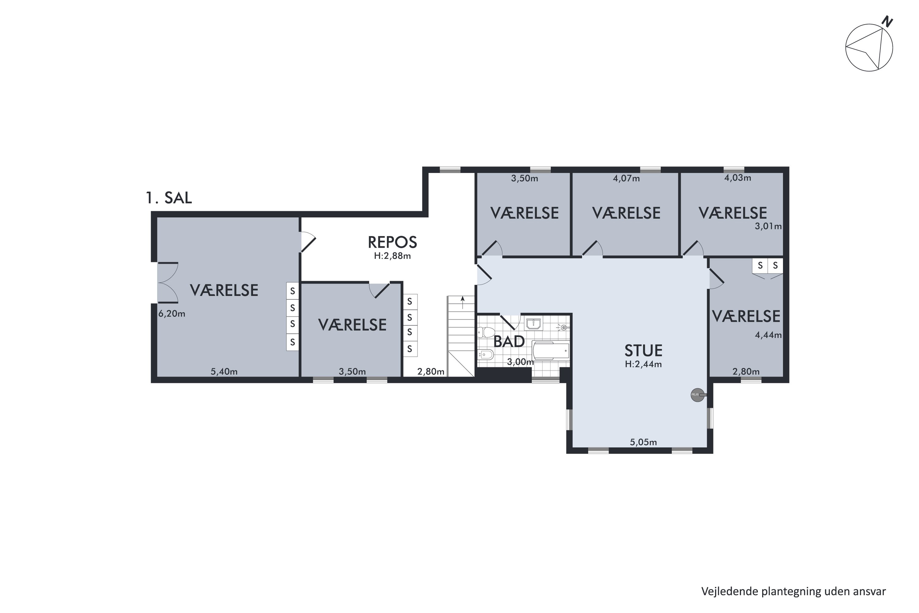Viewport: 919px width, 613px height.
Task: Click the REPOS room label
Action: click(392, 242)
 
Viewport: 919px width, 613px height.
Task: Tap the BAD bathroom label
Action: click(509, 342)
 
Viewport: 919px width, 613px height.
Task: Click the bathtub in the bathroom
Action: click(550, 350)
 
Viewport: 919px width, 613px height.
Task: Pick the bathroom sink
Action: click(533, 324)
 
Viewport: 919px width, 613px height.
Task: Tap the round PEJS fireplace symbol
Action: click(698, 395)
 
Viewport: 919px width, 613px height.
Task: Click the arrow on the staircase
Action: click(463, 302)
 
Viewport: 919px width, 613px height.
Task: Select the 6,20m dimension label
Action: click(172, 314)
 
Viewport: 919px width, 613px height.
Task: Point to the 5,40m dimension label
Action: click(224, 371)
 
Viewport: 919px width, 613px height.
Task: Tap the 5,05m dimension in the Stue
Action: click(643, 442)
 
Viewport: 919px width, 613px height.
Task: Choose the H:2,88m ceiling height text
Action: click(392, 256)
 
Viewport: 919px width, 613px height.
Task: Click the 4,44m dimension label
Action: click(768, 335)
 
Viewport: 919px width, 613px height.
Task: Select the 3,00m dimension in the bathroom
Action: click(520, 362)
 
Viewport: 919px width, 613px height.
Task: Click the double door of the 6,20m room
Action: click(168, 282)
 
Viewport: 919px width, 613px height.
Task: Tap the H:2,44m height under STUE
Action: click(643, 364)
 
